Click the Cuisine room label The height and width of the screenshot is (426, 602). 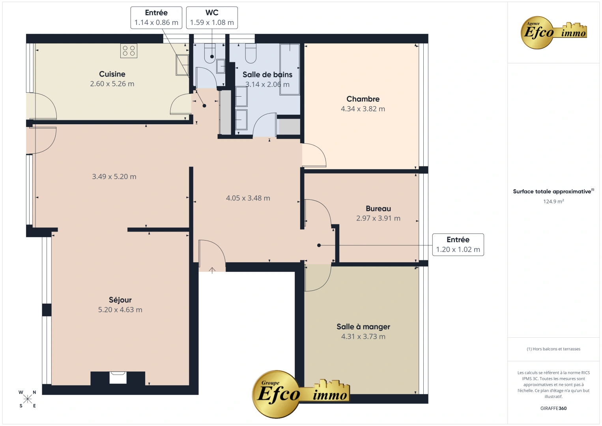click(112, 74)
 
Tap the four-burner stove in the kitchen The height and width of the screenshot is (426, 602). click(129, 51)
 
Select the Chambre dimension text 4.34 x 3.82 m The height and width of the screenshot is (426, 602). click(363, 109)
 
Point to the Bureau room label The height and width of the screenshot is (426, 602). click(378, 209)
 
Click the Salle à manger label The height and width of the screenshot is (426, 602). click(363, 327)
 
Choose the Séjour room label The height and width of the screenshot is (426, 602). click(120, 300)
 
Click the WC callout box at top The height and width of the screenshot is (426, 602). click(212, 18)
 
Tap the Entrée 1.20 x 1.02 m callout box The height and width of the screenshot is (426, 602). click(458, 245)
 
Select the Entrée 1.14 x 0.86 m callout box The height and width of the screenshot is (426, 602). click(156, 18)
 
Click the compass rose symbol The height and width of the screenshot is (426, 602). click(28, 399)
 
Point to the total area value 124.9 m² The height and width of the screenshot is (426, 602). click(553, 202)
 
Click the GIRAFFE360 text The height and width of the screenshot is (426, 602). click(553, 408)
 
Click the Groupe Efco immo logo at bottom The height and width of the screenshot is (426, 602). click(301, 393)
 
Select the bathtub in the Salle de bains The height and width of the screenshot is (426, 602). click(290, 69)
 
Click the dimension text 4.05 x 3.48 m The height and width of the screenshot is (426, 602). click(248, 198)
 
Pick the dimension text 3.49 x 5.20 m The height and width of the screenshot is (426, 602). click(114, 177)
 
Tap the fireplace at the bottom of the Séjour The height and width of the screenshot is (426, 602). click(118, 377)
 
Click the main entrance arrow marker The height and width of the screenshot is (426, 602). click(212, 270)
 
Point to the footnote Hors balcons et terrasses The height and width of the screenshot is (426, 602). click(553, 349)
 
